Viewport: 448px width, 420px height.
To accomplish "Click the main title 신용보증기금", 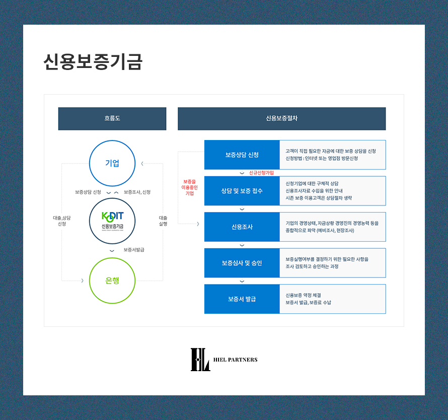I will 93,62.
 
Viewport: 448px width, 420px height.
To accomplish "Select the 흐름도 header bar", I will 112,119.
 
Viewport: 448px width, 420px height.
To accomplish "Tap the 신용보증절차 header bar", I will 281,119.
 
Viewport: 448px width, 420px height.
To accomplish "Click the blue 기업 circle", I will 112,163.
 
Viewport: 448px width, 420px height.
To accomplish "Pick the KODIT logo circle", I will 112,221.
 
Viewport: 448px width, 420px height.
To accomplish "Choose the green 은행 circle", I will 112,281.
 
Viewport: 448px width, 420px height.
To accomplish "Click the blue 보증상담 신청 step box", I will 242,155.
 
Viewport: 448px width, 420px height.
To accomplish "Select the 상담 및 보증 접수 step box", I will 242,191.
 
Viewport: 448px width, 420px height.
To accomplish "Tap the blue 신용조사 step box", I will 242,227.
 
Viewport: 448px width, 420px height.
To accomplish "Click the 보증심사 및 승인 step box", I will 242,263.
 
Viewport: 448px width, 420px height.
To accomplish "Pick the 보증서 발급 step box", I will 242,299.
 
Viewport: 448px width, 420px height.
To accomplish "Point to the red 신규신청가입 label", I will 261,173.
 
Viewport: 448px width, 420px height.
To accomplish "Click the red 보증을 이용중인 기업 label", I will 189,187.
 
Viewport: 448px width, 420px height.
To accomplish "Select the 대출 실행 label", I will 163,221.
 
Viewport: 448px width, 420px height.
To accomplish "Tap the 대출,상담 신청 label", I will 61,221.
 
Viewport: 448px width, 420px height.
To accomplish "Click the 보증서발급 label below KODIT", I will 134,250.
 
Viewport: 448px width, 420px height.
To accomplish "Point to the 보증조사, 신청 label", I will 137,192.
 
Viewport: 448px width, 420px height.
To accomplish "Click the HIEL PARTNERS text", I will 235,360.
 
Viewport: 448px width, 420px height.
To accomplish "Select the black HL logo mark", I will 200,360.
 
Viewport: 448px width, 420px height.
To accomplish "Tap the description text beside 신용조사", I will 332,227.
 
